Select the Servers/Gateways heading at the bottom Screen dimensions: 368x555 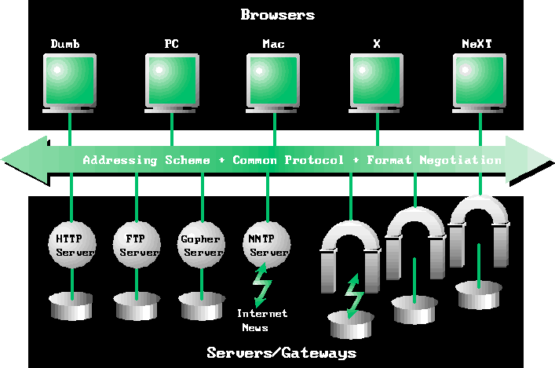coord(281,352)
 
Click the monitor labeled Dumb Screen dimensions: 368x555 coord(69,79)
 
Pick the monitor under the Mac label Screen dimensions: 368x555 coord(275,79)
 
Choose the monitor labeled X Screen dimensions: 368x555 coord(377,79)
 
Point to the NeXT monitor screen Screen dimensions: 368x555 coord(480,79)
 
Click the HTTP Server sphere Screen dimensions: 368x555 coord(73,244)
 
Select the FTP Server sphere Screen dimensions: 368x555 coord(137,244)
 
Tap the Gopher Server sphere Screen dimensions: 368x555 coord(203,244)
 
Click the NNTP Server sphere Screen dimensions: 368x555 coord(267,244)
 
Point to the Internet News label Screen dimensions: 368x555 coord(262,319)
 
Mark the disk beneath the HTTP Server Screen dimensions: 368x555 coord(72,306)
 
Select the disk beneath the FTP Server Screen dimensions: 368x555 coord(137,306)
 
